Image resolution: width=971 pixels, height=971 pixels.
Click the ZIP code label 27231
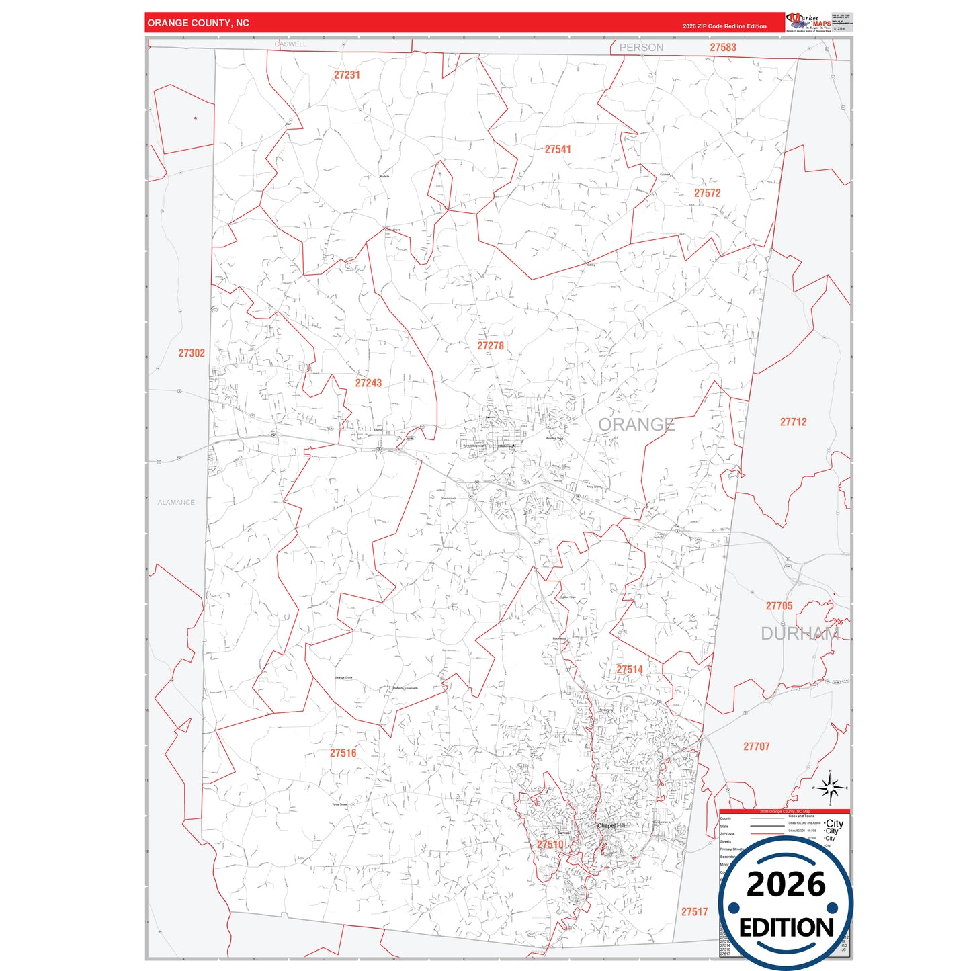pyautogui.click(x=347, y=75)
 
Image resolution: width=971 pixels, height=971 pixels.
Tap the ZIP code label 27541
pyautogui.click(x=558, y=149)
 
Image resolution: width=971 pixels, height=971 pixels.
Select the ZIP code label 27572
pyautogui.click(x=707, y=193)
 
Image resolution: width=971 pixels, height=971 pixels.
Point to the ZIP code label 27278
pyautogui.click(x=491, y=345)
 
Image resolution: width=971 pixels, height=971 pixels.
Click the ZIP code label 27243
pyautogui.click(x=368, y=383)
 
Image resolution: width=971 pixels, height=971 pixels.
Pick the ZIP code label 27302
pyautogui.click(x=192, y=353)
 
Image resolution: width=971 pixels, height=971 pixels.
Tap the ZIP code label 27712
pyautogui.click(x=793, y=422)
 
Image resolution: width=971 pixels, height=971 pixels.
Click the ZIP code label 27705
pyautogui.click(x=779, y=606)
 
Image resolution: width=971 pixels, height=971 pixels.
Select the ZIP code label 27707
pyautogui.click(x=756, y=747)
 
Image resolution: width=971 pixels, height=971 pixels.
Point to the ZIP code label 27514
pyautogui.click(x=630, y=669)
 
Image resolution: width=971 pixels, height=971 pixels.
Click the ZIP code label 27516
pyautogui.click(x=343, y=753)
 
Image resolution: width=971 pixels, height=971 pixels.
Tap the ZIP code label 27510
pyautogui.click(x=550, y=845)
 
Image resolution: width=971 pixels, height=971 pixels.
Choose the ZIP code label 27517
pyautogui.click(x=694, y=912)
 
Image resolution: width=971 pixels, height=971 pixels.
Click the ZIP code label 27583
pyautogui.click(x=723, y=48)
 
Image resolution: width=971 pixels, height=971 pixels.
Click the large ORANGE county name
pyautogui.click(x=636, y=425)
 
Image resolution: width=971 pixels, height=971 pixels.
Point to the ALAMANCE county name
pyautogui.click(x=176, y=503)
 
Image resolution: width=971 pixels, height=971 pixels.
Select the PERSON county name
pyautogui.click(x=641, y=48)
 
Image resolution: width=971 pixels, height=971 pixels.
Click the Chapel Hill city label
pyautogui.click(x=611, y=825)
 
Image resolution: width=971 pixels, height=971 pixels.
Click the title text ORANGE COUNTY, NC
pyautogui.click(x=198, y=23)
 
